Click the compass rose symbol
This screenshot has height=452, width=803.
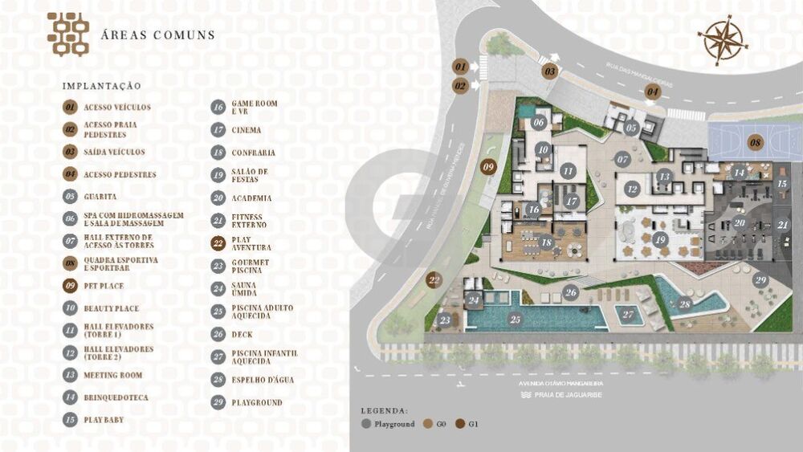(723, 40)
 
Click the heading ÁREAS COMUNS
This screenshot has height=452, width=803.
(157, 35)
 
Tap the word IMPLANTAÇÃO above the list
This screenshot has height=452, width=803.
(101, 86)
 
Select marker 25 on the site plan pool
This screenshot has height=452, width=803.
(515, 319)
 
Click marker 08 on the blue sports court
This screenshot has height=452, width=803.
(755, 143)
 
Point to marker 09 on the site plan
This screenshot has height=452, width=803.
(488, 167)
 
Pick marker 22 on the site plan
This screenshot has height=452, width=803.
(434, 280)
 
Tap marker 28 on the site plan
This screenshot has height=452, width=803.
(685, 303)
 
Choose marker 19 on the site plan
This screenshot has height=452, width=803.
(661, 238)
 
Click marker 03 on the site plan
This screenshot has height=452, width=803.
(550, 71)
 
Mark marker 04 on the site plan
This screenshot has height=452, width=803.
(653, 92)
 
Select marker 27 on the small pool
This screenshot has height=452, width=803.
(628, 314)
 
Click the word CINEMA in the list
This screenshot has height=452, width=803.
(246, 129)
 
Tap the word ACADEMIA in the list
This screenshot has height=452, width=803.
(251, 197)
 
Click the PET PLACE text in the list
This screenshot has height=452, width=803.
(104, 285)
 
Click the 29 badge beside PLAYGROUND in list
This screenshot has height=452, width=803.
(218, 401)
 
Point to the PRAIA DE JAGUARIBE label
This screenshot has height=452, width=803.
(573, 394)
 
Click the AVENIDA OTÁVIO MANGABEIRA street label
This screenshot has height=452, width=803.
(561, 383)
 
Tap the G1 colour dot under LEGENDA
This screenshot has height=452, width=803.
(461, 423)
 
